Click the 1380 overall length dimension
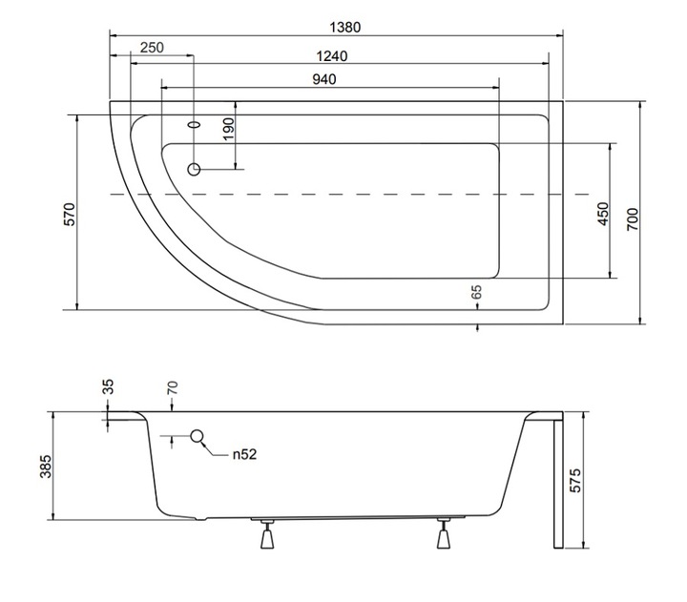344,27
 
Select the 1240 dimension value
332,56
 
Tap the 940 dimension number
324,79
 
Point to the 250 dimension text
152,48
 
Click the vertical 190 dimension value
229,130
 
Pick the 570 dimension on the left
70,215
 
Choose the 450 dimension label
603,214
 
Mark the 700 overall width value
633,219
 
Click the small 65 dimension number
477,292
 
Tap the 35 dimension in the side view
109,386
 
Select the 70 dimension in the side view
173,387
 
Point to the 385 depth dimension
46,467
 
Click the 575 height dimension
575,481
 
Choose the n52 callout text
244,454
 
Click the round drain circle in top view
194,169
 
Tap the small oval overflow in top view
195,124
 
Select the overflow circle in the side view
198,435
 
